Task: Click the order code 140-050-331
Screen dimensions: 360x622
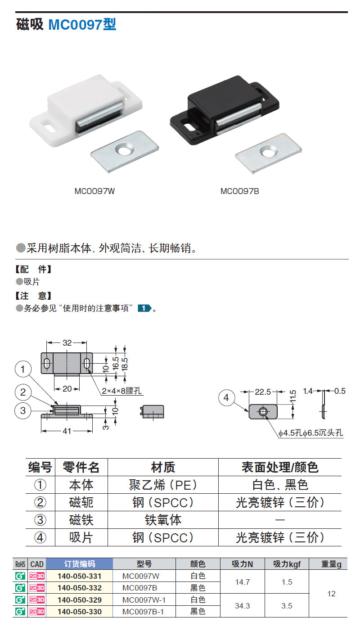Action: (79, 576)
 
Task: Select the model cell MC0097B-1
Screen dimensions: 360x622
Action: (143, 612)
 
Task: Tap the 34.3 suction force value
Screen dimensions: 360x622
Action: (242, 606)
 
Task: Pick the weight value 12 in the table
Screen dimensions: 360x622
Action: (331, 594)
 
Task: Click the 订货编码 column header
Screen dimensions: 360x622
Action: (79, 564)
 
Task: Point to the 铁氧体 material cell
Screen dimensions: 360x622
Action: (163, 520)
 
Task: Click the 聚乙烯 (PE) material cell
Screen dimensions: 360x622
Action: (163, 485)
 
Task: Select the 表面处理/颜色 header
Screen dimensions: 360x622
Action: (280, 467)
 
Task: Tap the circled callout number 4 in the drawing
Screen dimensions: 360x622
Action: (226, 397)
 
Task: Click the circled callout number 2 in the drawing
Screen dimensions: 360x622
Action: (23, 392)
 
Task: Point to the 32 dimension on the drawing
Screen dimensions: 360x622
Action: (67, 343)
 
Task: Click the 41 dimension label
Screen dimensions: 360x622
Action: (67, 431)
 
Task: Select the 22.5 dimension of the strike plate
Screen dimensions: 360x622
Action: (263, 392)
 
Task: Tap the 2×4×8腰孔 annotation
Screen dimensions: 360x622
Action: (121, 391)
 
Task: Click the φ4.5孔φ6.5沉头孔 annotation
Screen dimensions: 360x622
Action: (311, 433)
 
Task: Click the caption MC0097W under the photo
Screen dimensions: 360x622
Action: (94, 191)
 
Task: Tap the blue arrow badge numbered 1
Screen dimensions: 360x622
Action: (144, 308)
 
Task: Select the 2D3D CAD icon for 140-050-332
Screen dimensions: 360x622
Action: (37, 588)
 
